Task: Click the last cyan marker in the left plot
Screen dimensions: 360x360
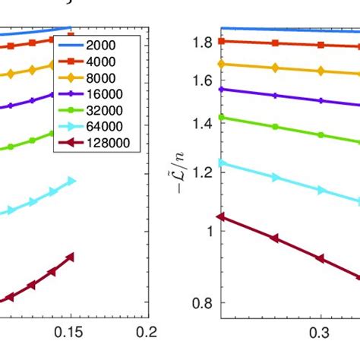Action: [71, 181]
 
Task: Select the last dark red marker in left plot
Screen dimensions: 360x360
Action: [71, 257]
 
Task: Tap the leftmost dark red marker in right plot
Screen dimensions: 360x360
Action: [221, 216]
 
